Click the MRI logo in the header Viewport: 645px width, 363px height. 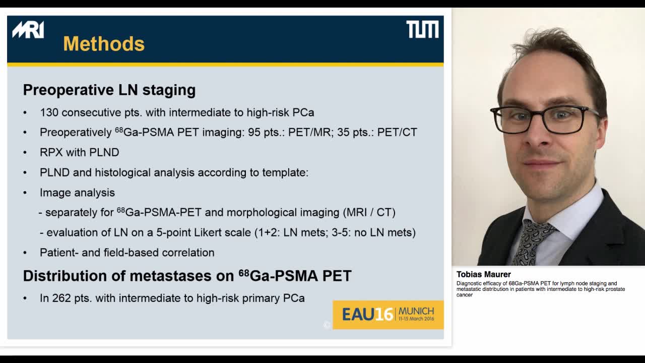[x=28, y=30]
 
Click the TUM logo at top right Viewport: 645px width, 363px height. [x=422, y=30]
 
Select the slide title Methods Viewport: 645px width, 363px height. [x=104, y=44]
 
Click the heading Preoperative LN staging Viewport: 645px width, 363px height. [x=109, y=90]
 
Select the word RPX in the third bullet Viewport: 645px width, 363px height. [x=50, y=152]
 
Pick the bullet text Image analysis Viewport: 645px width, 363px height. [x=77, y=193]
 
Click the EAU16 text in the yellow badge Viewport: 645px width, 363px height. [x=367, y=315]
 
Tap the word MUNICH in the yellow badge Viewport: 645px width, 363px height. [x=416, y=311]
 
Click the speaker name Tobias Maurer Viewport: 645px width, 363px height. [x=483, y=274]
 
